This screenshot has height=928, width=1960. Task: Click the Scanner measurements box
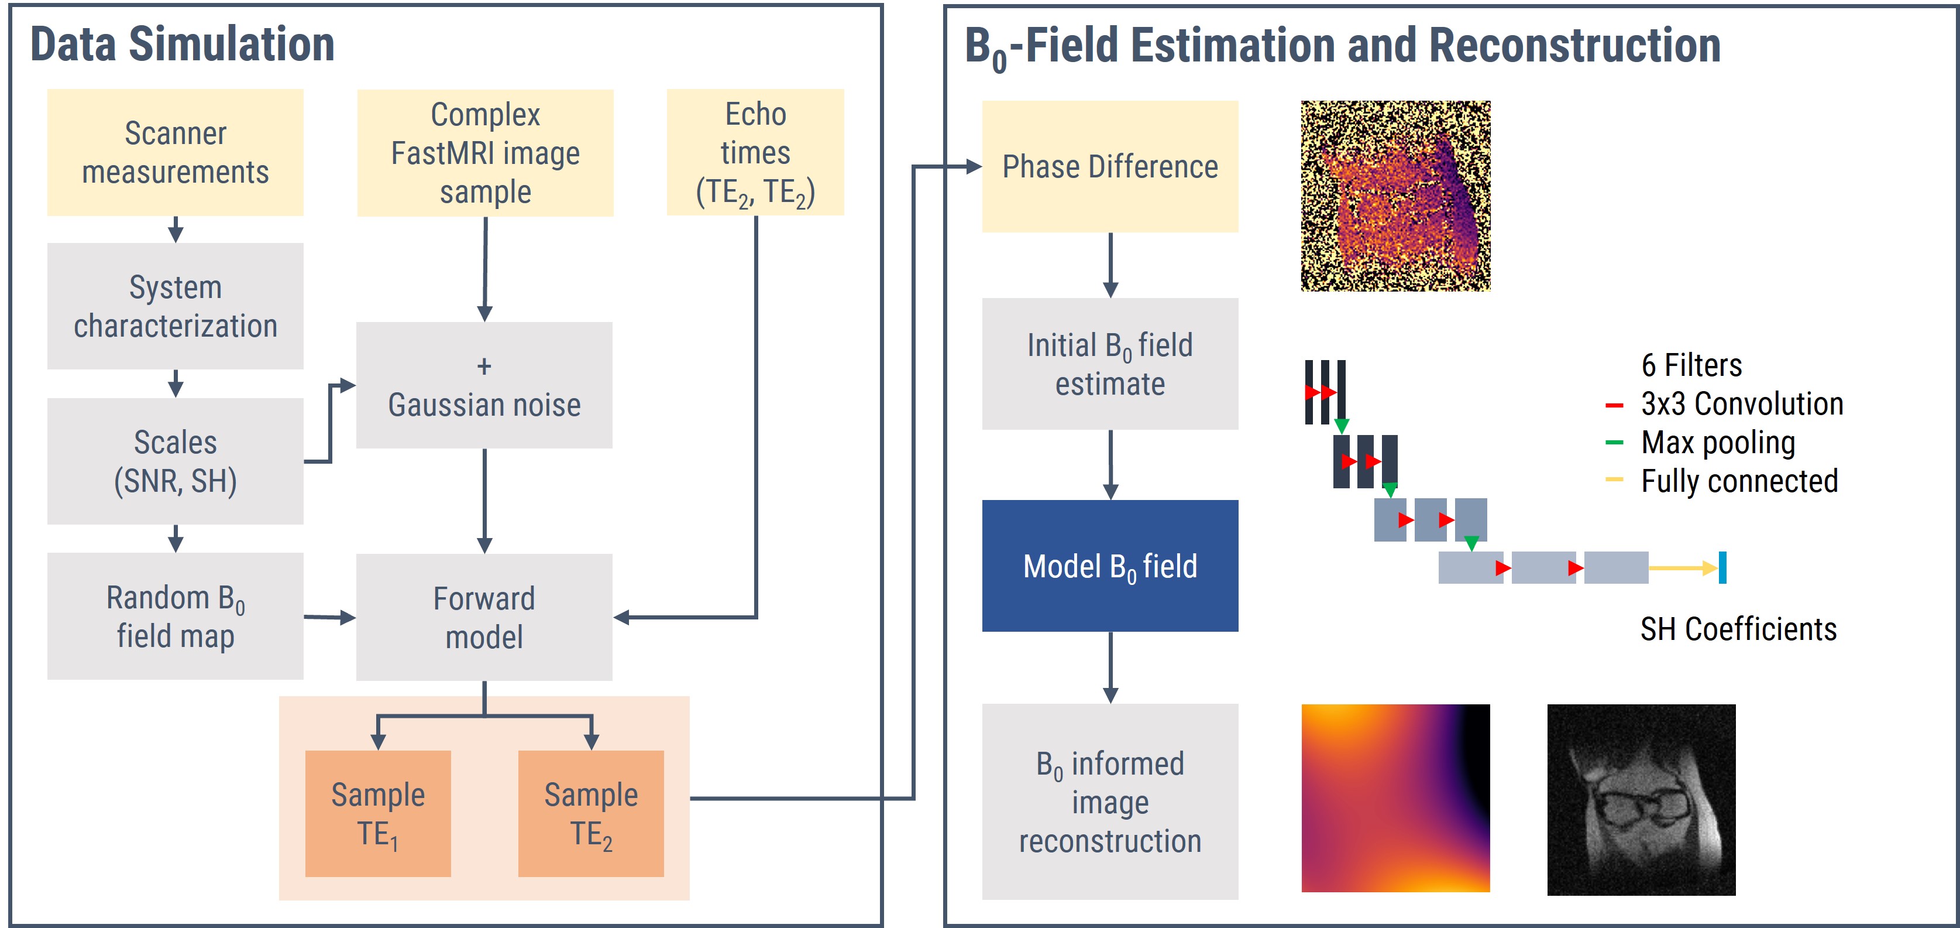(175, 152)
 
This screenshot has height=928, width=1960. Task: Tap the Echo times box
(755, 152)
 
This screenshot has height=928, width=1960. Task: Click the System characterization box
(175, 306)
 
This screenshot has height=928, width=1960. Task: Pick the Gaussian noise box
(484, 385)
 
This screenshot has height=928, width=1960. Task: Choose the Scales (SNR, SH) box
(175, 461)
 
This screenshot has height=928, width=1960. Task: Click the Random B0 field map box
(175, 616)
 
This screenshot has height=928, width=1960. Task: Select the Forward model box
(484, 617)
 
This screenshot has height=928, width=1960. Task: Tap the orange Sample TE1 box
(377, 813)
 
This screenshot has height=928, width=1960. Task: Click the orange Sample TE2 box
(590, 813)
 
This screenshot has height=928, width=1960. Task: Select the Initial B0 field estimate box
(1109, 364)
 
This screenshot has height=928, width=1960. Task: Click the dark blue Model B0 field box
(1109, 566)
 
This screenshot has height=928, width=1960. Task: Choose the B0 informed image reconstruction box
(1109, 802)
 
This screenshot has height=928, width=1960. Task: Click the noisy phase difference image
(1395, 196)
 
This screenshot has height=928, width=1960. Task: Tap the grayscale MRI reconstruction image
(1641, 799)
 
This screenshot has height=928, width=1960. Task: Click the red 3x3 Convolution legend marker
(1614, 405)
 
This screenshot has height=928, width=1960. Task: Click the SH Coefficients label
(1738, 629)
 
